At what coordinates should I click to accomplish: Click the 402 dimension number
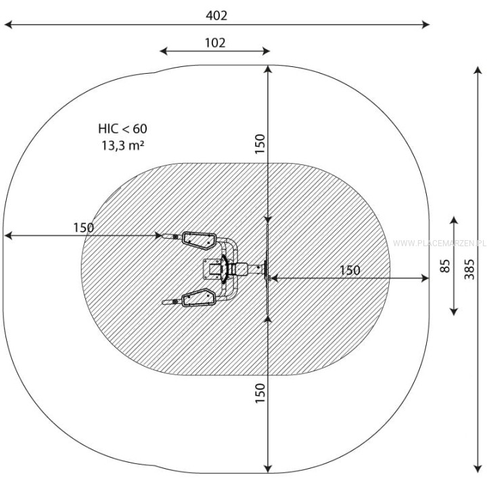[x=216, y=16]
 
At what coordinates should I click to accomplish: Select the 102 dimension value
[x=215, y=43]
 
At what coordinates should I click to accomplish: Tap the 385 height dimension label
[x=469, y=269]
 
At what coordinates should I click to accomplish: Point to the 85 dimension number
[x=445, y=266]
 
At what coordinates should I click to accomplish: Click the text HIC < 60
[x=122, y=129]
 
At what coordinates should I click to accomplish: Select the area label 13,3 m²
[x=123, y=145]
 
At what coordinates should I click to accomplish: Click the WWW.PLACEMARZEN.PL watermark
[x=440, y=243]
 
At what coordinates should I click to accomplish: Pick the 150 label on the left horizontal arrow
[x=83, y=228]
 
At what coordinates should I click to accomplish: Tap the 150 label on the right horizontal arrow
[x=350, y=270]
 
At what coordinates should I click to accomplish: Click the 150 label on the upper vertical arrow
[x=260, y=144]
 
